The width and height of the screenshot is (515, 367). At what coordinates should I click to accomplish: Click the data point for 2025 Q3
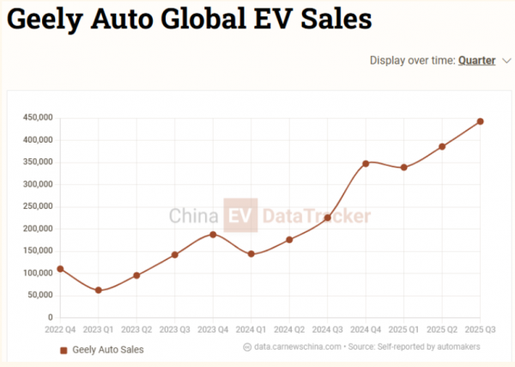pos(480,121)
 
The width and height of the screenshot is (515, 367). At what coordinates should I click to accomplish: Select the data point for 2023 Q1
pos(99,291)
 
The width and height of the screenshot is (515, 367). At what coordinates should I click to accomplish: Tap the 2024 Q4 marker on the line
pos(366,163)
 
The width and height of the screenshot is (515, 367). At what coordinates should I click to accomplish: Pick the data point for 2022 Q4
pos(60,269)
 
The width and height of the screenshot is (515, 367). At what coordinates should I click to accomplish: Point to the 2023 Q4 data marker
pos(213,235)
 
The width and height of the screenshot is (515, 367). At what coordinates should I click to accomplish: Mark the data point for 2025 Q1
pos(403,168)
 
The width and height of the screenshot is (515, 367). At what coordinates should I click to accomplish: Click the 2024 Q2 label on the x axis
pos(289,329)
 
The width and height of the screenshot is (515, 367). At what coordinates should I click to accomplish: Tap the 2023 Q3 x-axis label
pos(174,329)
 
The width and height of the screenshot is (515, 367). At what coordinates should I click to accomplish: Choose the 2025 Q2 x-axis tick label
pos(442,329)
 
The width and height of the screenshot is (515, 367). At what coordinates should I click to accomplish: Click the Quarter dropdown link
pos(477,60)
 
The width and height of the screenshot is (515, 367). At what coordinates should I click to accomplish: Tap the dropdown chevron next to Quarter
pos(506,60)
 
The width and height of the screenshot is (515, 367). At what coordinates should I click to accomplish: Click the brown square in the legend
pos(63,351)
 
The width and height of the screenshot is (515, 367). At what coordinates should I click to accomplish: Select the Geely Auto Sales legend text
pos(108,350)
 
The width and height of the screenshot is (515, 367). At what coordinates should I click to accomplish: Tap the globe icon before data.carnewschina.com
pos(247,347)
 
